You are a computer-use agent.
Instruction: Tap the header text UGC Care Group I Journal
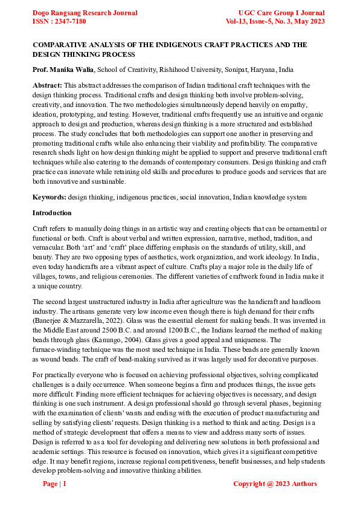pyautogui.click(x=281, y=13)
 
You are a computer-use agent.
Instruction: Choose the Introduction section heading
pyautogui.click(x=52, y=213)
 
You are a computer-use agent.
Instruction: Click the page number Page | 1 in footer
pyautogui.click(x=54, y=484)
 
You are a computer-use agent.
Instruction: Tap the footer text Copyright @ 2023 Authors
pyautogui.click(x=275, y=484)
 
